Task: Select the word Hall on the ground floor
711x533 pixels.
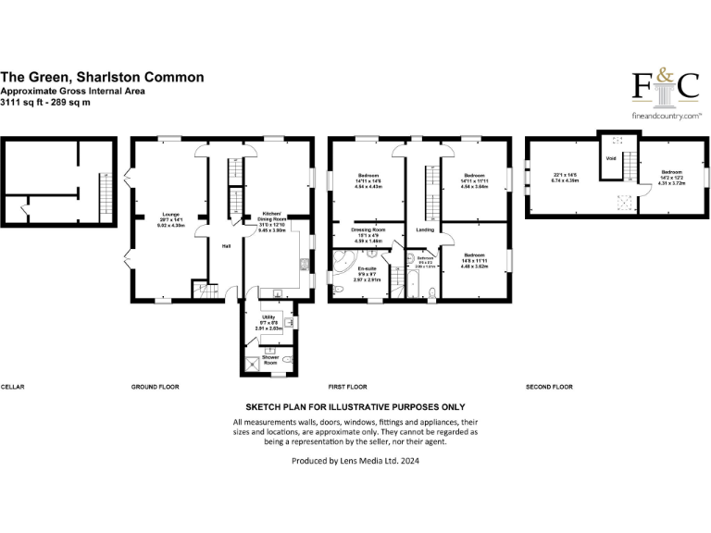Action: pos(225,245)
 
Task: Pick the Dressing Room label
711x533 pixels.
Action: pos(368,232)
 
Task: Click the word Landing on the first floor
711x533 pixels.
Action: pos(425,230)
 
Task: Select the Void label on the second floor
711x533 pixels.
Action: pos(611,158)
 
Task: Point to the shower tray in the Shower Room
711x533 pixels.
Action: pos(251,363)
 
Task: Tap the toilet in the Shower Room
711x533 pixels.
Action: pos(289,360)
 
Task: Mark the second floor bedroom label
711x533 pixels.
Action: pos(671,176)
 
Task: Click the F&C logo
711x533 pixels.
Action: pos(665,86)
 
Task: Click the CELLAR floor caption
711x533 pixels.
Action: pos(12,386)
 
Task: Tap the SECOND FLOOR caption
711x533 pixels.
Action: pos(549,386)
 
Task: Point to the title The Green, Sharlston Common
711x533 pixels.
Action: pos(102,78)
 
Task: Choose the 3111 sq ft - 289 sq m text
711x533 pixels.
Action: pos(45,102)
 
